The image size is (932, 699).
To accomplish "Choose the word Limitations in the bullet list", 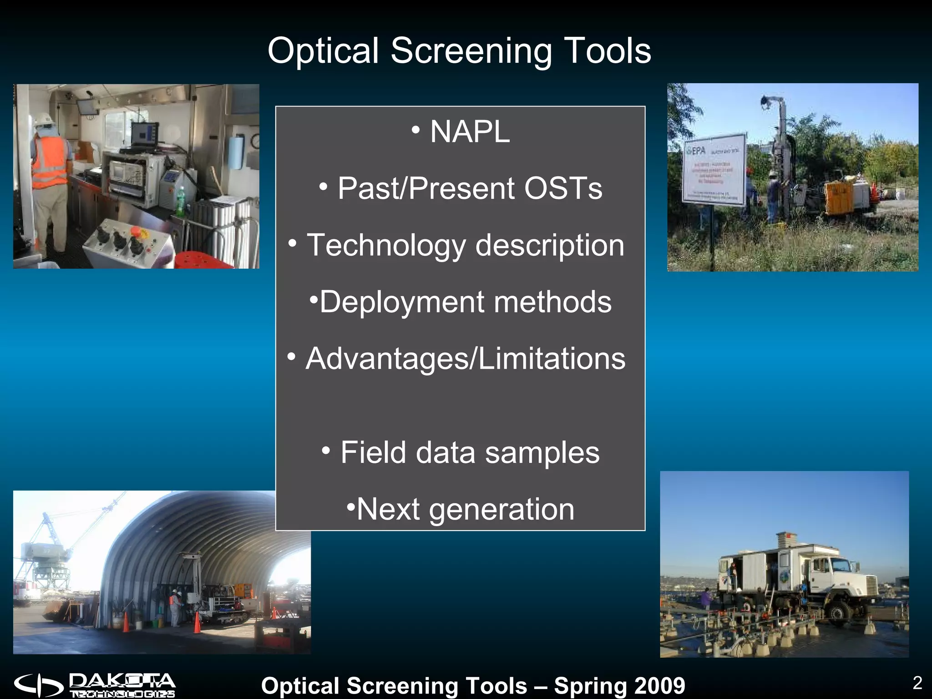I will click(552, 359).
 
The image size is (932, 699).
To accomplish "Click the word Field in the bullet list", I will click(373, 453).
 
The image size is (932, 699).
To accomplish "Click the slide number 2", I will click(917, 683).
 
